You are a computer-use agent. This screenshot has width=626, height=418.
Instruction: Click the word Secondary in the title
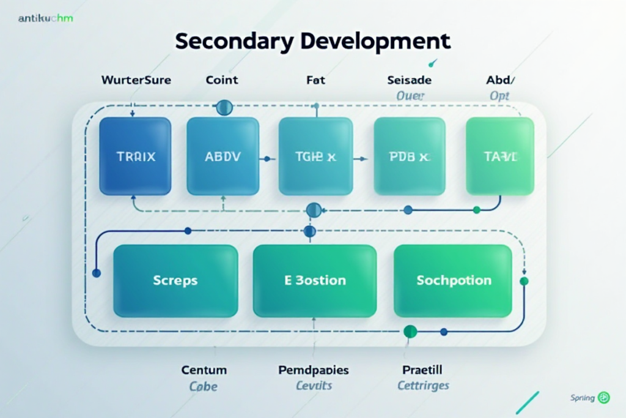pyautogui.click(x=232, y=42)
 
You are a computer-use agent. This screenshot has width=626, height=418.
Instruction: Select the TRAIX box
pyautogui.click(x=135, y=156)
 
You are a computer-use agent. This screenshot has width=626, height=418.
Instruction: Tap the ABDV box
pyautogui.click(x=223, y=156)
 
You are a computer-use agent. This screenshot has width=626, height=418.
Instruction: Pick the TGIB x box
pyautogui.click(x=315, y=156)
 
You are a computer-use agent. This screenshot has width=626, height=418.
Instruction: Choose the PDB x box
pyautogui.click(x=409, y=156)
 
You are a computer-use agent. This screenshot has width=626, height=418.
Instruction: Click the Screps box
pyautogui.click(x=175, y=280)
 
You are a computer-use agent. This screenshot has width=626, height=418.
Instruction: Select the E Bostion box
pyautogui.click(x=315, y=280)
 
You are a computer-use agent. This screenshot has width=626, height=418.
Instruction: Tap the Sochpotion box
pyautogui.click(x=453, y=280)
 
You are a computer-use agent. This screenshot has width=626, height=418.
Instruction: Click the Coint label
pyautogui.click(x=222, y=80)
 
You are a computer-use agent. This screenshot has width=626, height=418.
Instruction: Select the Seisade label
pyautogui.click(x=410, y=80)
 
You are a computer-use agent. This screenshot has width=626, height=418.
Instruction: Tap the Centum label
pyautogui.click(x=204, y=370)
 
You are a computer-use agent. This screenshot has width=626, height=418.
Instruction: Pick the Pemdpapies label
pyautogui.click(x=314, y=370)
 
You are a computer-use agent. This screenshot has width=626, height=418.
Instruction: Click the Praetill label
pyautogui.click(x=422, y=370)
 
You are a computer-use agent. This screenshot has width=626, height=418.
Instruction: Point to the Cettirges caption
pyautogui.click(x=423, y=386)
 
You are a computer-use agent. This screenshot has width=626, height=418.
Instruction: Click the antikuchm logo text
pyautogui.click(x=46, y=18)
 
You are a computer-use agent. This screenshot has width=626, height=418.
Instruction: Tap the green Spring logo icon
pyautogui.click(x=604, y=398)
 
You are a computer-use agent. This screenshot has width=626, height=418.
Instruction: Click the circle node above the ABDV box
pyautogui.click(x=224, y=108)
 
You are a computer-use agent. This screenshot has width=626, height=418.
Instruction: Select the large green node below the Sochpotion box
pyautogui.click(x=410, y=332)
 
